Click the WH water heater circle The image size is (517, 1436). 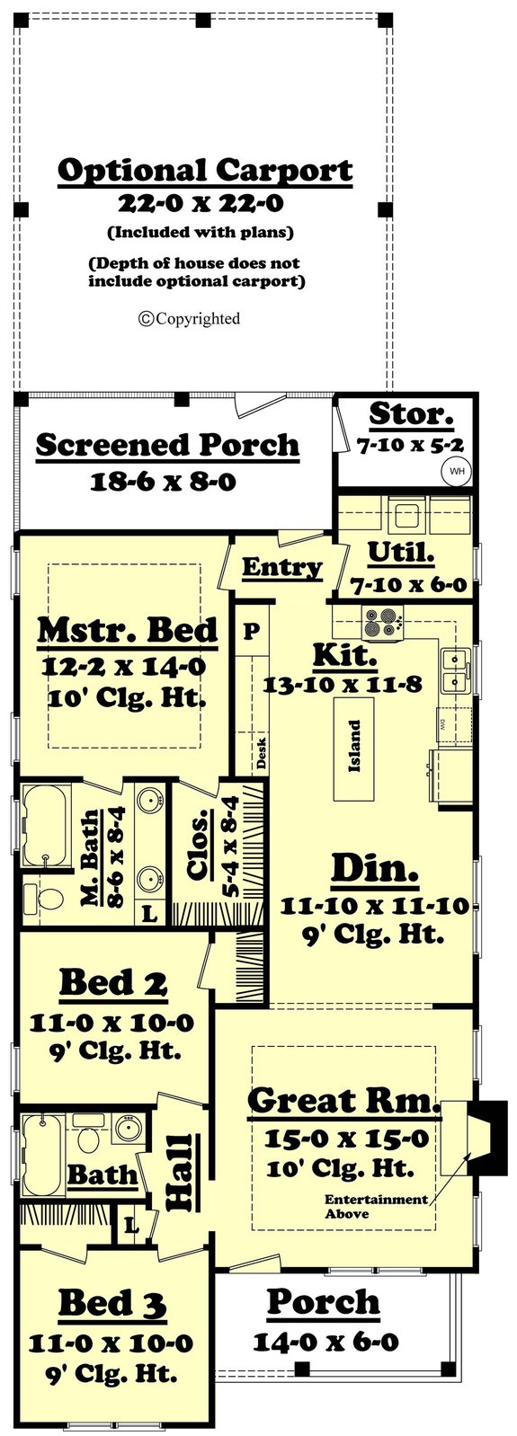(x=457, y=470)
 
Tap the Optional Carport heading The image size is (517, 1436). (x=205, y=170)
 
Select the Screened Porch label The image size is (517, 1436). (x=167, y=445)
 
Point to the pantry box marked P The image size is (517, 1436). (x=252, y=630)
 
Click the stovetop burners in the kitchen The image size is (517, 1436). (x=382, y=623)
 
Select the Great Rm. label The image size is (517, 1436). (x=343, y=1100)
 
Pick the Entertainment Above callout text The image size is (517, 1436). (x=375, y=1206)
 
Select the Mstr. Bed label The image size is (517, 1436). (x=128, y=630)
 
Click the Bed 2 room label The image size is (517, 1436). (x=113, y=983)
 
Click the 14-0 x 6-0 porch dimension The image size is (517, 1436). (x=325, y=1343)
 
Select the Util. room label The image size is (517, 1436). (x=402, y=553)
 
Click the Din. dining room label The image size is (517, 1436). (x=375, y=869)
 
